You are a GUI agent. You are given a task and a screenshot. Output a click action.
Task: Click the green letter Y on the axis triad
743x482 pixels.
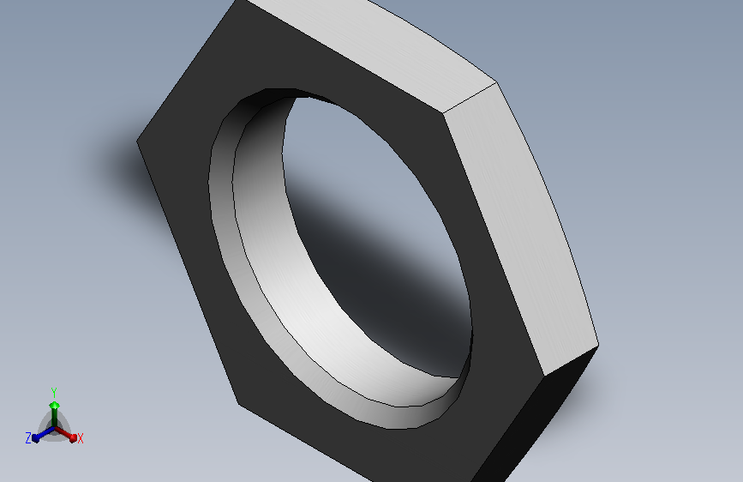point(54,393)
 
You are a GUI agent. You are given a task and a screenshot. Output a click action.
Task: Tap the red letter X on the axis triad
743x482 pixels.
point(80,438)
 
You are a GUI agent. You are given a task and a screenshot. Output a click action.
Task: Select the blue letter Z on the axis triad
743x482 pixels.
point(28,438)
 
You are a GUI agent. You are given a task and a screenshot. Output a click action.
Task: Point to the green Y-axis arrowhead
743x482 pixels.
point(55,405)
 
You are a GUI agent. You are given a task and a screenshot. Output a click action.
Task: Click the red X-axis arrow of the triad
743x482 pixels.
point(66,434)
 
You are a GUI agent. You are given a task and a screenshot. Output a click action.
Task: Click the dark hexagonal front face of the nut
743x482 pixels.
point(189,238)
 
